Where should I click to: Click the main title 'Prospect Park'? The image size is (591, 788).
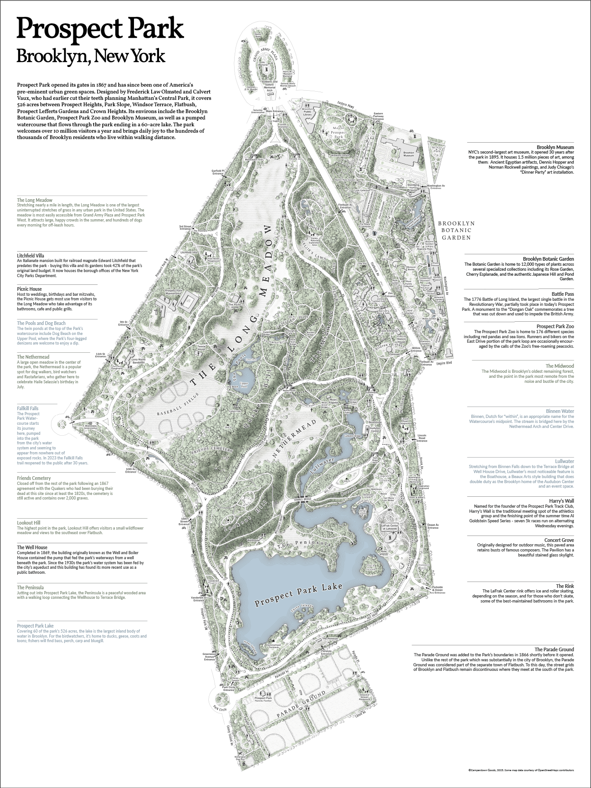100,29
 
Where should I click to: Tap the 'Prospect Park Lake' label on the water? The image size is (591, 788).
298,593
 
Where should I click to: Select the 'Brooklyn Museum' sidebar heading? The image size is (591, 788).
555,147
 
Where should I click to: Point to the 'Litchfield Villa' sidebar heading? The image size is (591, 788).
31,256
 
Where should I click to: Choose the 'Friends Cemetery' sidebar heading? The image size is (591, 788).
34,478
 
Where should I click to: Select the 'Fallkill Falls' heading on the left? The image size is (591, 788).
28,409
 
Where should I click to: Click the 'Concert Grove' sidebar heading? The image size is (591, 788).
559,540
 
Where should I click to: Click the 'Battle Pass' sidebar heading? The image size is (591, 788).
563,294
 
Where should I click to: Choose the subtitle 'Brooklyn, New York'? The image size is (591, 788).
90,56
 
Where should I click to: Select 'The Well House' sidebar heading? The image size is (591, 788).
32,547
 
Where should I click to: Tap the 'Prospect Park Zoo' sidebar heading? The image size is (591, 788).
555,326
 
